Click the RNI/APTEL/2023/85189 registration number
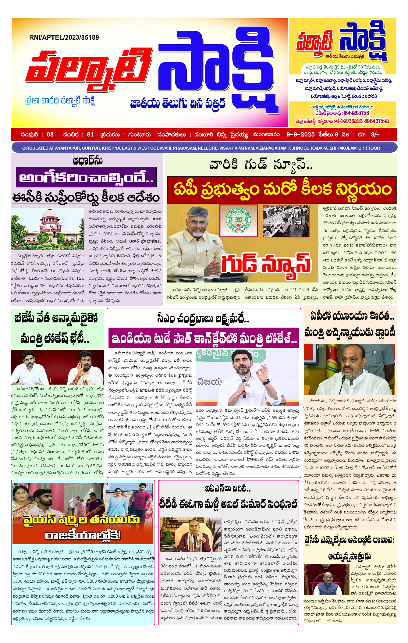click(64, 37)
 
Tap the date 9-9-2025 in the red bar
click(300, 134)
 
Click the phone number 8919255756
click(356, 113)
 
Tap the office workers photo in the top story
click(286, 221)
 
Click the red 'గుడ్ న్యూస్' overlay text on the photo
click(266, 263)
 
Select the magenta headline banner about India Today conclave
click(204, 338)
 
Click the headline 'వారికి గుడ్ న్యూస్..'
click(261, 165)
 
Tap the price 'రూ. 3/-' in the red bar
click(370, 134)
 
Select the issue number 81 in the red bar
click(90, 134)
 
